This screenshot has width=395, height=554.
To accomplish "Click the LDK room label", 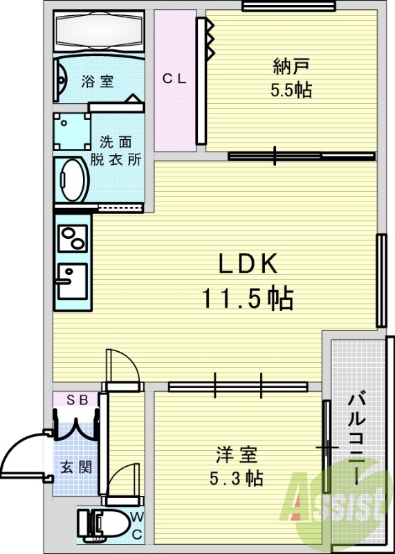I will pyautogui.click(x=248, y=264).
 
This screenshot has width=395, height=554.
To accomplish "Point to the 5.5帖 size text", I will pyautogui.click(x=291, y=90).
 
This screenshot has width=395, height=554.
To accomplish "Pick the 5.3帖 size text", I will pyautogui.click(x=236, y=478).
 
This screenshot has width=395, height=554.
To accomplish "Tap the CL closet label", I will pyautogui.click(x=174, y=79).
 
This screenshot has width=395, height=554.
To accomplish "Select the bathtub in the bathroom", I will pyautogui.click(x=98, y=31).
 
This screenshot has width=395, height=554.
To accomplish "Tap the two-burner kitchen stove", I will pyautogui.click(x=71, y=239).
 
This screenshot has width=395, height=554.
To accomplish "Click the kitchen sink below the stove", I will pyautogui.click(x=71, y=280).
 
